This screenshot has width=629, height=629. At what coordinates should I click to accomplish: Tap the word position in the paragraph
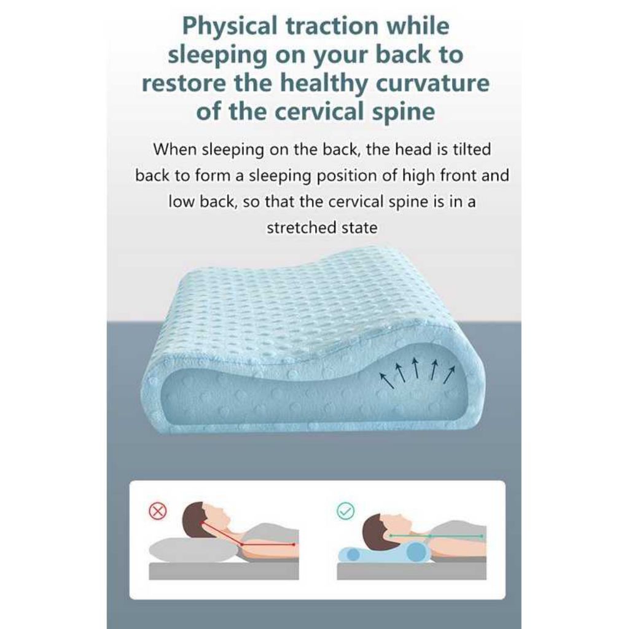(364, 176)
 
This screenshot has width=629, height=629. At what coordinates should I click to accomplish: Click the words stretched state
(321, 228)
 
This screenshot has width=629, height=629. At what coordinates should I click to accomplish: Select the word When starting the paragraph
(176, 149)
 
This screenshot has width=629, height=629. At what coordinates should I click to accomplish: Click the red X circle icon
(158, 511)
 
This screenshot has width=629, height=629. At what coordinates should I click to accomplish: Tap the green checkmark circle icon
(345, 511)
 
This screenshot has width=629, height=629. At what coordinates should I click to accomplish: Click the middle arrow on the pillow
(416, 367)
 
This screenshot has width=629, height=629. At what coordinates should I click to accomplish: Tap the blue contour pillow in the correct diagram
(381, 552)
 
